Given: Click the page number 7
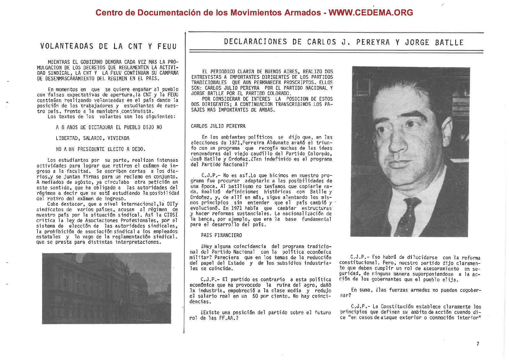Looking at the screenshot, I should pyautogui.click(x=478, y=344).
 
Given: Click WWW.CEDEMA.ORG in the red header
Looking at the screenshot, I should pyautogui.click(x=371, y=13).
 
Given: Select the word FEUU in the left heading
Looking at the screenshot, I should pyautogui.click(x=167, y=46).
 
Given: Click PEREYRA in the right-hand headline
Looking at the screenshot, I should pyautogui.click(x=373, y=42).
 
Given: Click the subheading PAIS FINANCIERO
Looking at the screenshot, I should pyautogui.click(x=222, y=235).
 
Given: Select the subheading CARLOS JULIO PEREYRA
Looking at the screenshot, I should pyautogui.click(x=218, y=126).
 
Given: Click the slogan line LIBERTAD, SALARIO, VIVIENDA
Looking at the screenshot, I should pyautogui.click(x=93, y=138).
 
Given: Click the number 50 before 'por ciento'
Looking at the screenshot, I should pyautogui.click(x=255, y=296).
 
